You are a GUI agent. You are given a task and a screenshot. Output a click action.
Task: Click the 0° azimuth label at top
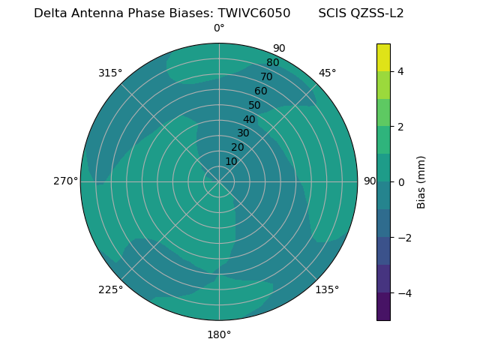(x=219, y=28)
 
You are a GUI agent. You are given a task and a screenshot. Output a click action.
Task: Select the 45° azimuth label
(x=327, y=73)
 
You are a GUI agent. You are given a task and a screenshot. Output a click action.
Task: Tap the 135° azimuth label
(x=327, y=289)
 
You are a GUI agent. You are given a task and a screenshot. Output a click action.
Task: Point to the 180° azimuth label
(x=219, y=334)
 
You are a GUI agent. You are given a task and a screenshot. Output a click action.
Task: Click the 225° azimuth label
(x=110, y=289)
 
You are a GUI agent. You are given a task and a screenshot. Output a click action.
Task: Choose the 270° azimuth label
(x=66, y=181)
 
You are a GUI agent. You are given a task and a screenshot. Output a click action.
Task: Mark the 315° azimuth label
(x=110, y=73)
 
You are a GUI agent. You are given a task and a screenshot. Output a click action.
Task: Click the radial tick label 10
(x=231, y=161)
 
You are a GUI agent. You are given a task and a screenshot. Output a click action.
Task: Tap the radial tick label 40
(x=249, y=119)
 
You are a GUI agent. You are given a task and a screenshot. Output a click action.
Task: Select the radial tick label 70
(x=266, y=77)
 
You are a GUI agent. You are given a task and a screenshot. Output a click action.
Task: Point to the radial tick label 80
(x=272, y=63)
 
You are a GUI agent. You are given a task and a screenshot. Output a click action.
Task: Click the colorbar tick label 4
(x=400, y=71)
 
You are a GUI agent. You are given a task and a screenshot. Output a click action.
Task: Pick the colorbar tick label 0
(x=400, y=182)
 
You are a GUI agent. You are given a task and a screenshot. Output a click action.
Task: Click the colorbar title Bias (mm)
(x=421, y=182)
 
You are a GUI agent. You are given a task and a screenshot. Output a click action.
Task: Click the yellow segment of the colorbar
(x=383, y=57)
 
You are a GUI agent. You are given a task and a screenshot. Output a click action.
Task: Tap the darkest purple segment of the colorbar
(x=383, y=307)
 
